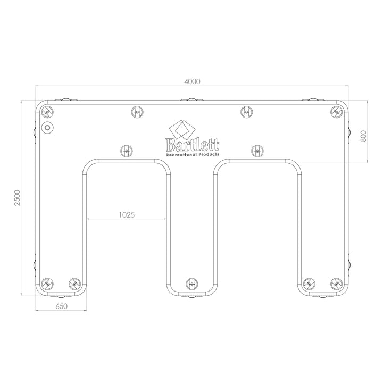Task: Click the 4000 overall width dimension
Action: click(191, 81)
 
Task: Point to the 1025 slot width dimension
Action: click(126, 215)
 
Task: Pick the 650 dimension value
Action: click(61, 307)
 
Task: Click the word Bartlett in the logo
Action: click(191, 145)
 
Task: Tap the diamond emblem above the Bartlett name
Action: click(180, 129)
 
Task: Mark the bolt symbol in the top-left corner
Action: click(48, 112)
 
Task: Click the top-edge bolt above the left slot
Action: click(137, 112)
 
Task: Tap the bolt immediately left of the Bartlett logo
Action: click(127, 151)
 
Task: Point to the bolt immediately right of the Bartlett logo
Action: click(256, 151)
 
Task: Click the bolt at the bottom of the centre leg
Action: click(191, 284)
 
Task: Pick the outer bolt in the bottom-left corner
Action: click(48, 284)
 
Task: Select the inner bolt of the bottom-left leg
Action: click(73, 284)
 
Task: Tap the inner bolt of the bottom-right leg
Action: click(310, 284)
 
